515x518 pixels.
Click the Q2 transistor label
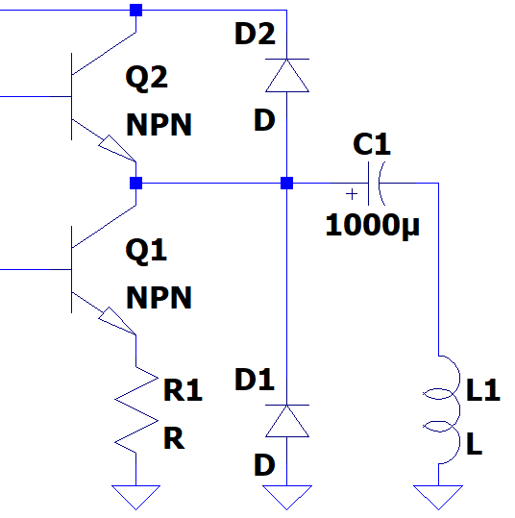[147, 78]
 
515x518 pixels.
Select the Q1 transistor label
[146, 251]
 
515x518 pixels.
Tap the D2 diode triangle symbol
[287, 75]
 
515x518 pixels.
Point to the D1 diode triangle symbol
[287, 421]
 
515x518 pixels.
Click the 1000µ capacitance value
[372, 225]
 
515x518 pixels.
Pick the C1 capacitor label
[372, 144]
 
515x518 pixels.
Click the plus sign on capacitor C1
[352, 194]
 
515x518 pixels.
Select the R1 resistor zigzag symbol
[136, 409]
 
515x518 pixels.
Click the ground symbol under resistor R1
[135, 497]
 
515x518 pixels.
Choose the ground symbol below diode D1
[287, 497]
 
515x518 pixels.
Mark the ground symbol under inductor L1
[438, 497]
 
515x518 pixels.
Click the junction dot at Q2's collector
[135, 11]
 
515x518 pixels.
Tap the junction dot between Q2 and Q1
[135, 183]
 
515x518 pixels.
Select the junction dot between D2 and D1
[286, 183]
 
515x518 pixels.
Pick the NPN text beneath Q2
[159, 125]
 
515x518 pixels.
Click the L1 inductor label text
[483, 390]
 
